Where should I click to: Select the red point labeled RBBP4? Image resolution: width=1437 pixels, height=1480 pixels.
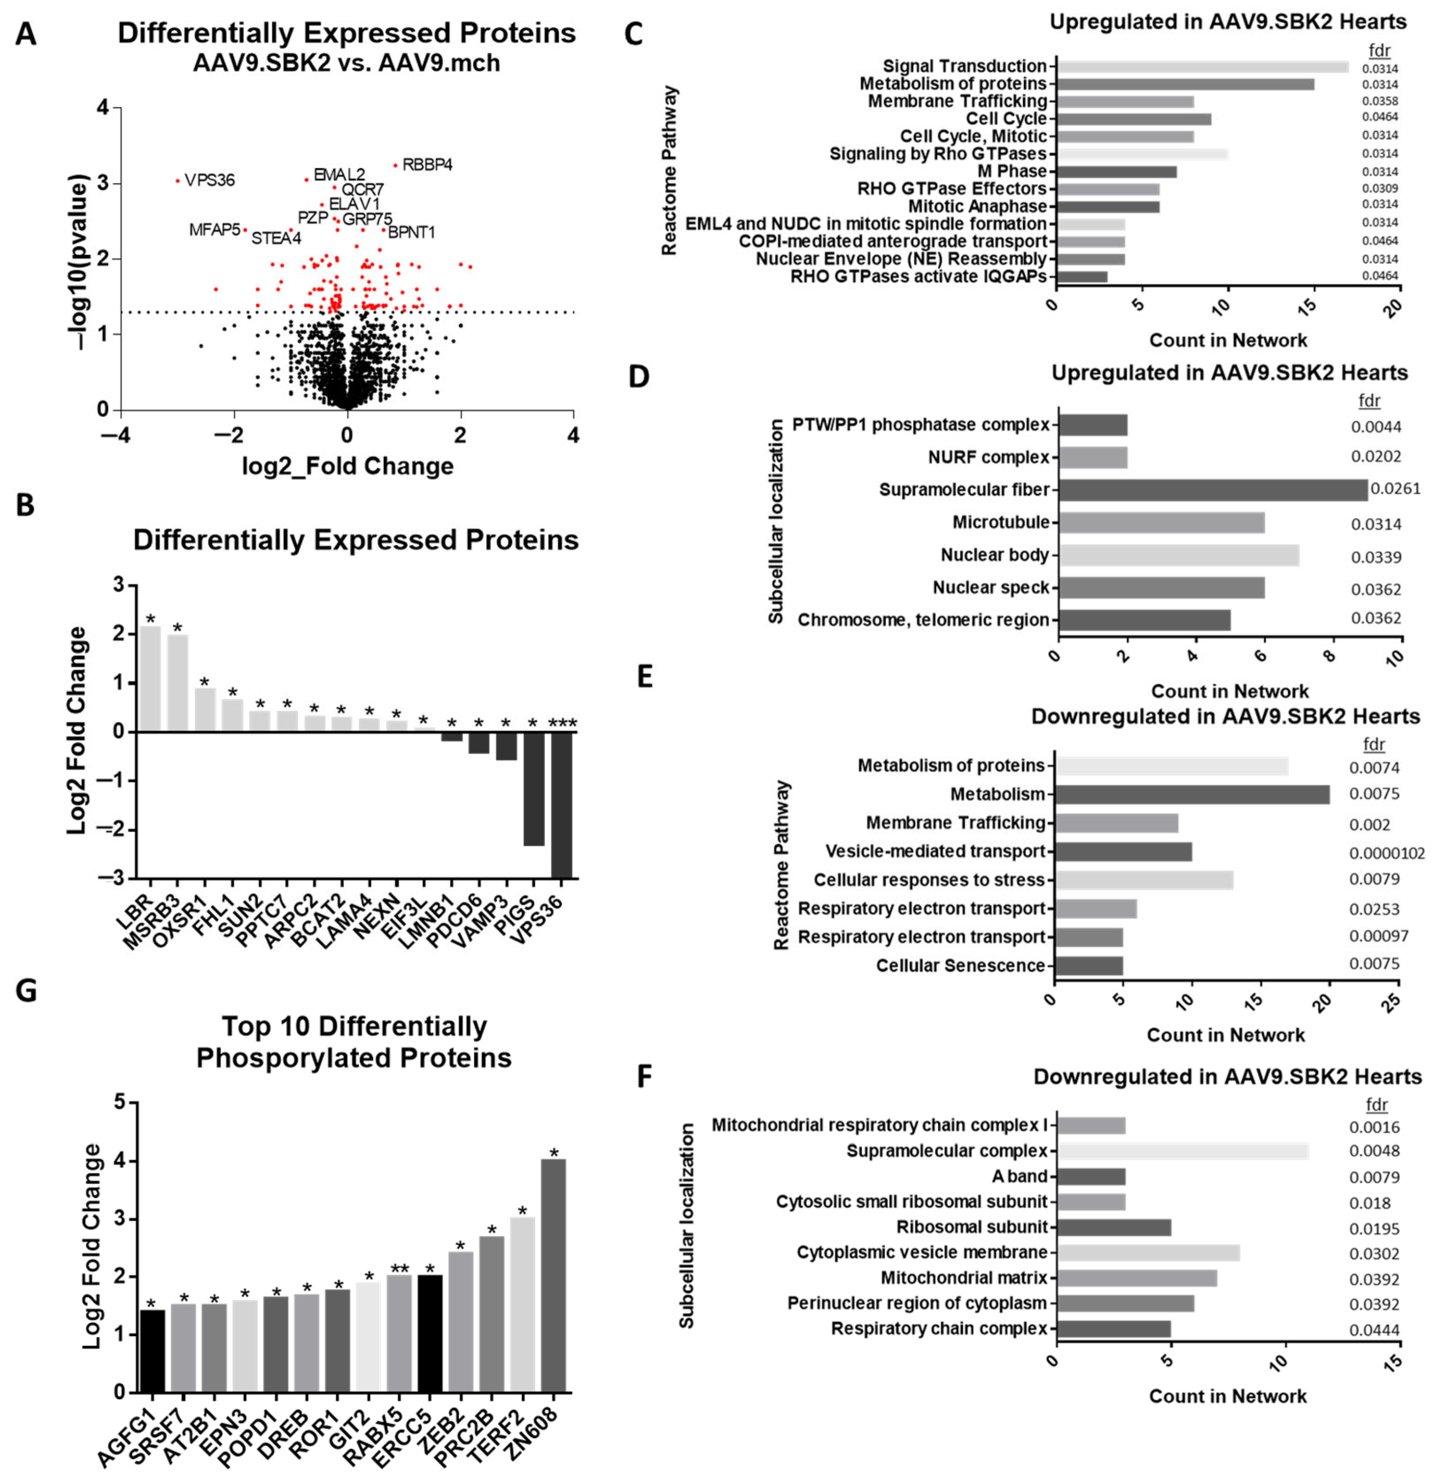(395, 165)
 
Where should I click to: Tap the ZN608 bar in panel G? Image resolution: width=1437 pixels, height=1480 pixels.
(553, 1276)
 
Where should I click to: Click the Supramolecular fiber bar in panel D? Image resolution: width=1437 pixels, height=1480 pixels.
(1213, 489)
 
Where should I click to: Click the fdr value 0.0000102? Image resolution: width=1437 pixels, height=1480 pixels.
(1387, 853)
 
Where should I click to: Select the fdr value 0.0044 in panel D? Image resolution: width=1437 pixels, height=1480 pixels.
(1376, 427)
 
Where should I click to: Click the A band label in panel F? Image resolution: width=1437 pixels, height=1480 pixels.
(1020, 1176)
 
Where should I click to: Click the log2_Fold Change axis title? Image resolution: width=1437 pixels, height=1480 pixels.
(348, 466)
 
